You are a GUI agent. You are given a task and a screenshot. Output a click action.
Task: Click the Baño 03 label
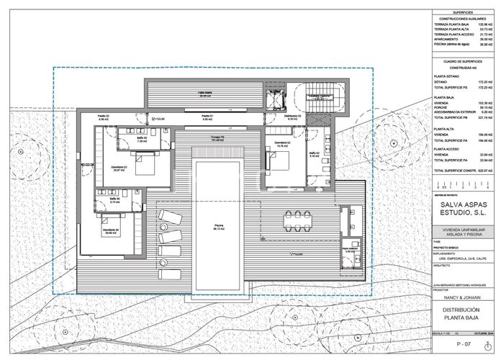tap(142, 139)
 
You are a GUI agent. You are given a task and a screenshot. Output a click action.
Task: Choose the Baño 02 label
tap(314, 154)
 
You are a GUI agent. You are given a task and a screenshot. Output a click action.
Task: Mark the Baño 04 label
tap(114, 202)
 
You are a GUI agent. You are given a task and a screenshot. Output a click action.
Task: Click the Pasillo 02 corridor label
tap(104, 117)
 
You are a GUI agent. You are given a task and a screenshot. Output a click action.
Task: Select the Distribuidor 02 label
tap(291, 117)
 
